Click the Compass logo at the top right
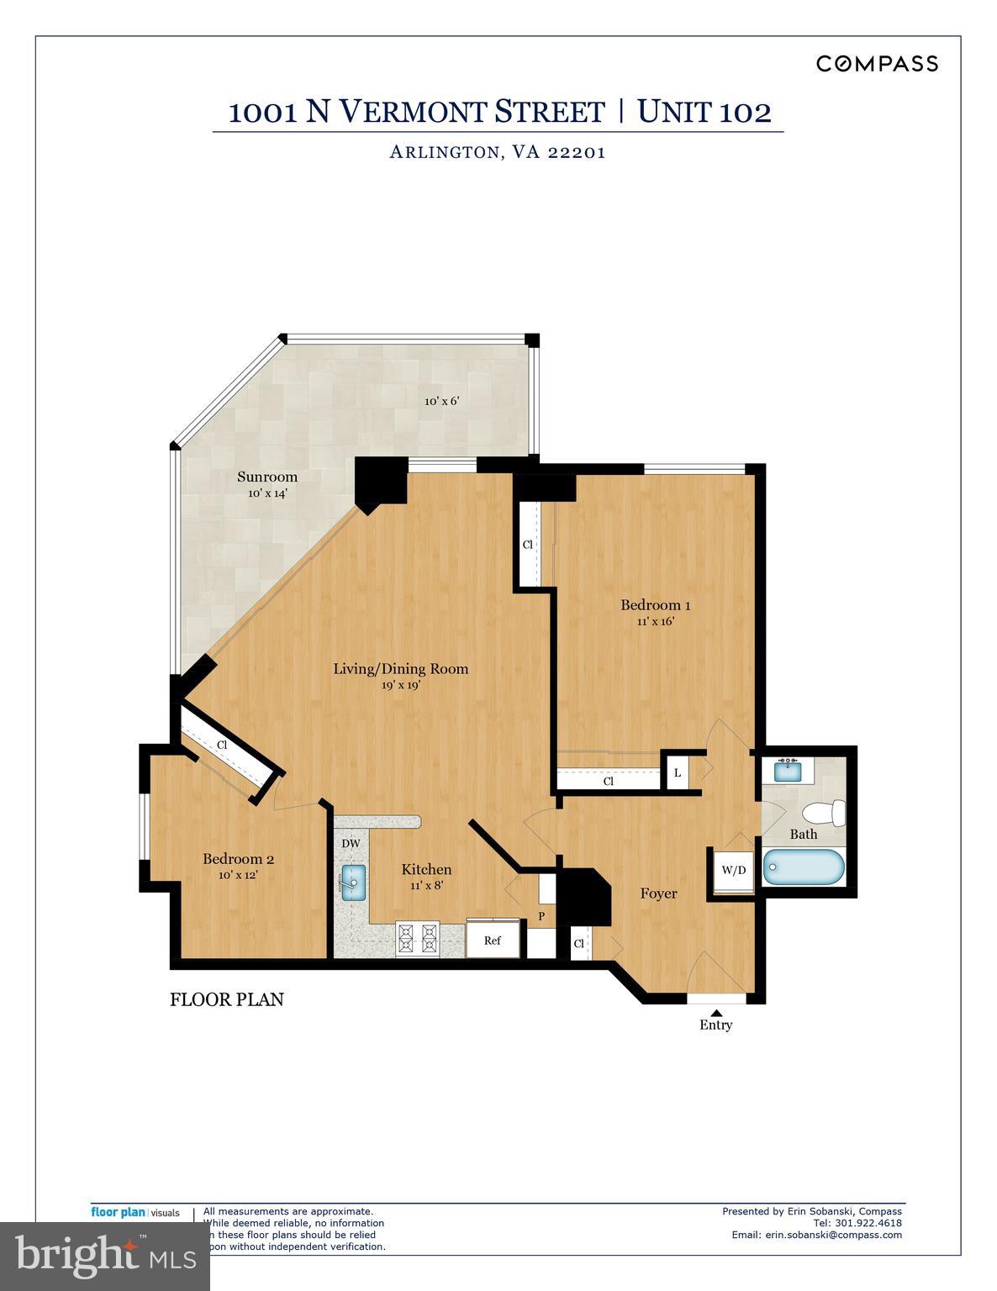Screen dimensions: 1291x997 [877, 64]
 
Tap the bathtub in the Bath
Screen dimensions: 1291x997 [803, 867]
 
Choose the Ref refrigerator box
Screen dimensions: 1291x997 [493, 940]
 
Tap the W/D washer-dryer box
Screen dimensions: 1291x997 [733, 870]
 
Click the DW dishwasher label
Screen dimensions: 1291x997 [351, 843]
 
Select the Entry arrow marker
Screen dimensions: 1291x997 [716, 1012]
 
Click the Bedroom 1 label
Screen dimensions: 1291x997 [656, 605]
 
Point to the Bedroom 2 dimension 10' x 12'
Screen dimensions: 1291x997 [238, 875]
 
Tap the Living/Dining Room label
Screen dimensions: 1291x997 [400, 669]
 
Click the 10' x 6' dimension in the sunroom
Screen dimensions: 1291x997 [441, 401]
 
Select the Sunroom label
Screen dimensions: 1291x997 [267, 477]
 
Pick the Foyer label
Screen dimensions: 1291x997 [658, 893]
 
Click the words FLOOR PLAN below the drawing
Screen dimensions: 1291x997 [227, 999]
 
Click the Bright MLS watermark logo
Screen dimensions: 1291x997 [104, 1256]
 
